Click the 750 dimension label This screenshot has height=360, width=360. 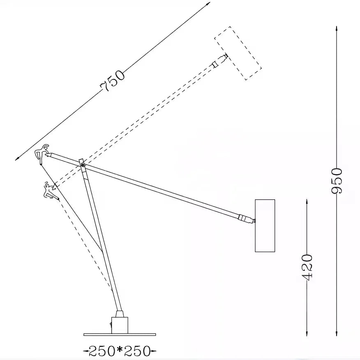(112, 82)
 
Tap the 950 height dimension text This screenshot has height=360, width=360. (337, 181)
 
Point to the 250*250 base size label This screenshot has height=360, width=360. (120, 351)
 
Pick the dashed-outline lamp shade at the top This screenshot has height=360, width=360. (238, 53)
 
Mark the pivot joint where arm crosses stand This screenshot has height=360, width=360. (83, 165)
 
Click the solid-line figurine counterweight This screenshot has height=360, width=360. (42, 154)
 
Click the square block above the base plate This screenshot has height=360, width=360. (120, 325)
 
